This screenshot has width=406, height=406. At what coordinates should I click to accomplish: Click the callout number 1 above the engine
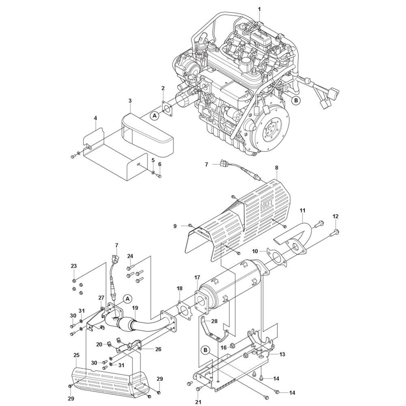click(259, 9)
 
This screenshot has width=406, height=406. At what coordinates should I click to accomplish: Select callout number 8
click(276, 168)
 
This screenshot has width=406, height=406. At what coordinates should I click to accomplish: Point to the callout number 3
click(130, 100)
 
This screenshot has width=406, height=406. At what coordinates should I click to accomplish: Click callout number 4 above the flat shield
click(95, 118)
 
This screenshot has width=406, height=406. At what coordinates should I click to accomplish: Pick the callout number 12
click(335, 216)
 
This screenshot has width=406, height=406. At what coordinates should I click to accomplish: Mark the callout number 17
click(197, 278)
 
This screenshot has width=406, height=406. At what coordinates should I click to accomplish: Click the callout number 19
click(135, 308)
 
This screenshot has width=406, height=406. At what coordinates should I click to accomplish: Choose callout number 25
click(76, 355)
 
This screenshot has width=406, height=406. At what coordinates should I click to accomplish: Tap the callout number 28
click(214, 321)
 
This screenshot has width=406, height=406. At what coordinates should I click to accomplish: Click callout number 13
click(282, 354)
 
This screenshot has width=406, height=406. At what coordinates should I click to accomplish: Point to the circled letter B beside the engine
click(296, 100)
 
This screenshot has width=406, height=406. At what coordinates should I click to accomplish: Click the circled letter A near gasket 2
click(155, 116)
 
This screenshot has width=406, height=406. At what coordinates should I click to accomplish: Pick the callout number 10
click(255, 251)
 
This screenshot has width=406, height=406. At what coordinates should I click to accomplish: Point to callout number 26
click(158, 349)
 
